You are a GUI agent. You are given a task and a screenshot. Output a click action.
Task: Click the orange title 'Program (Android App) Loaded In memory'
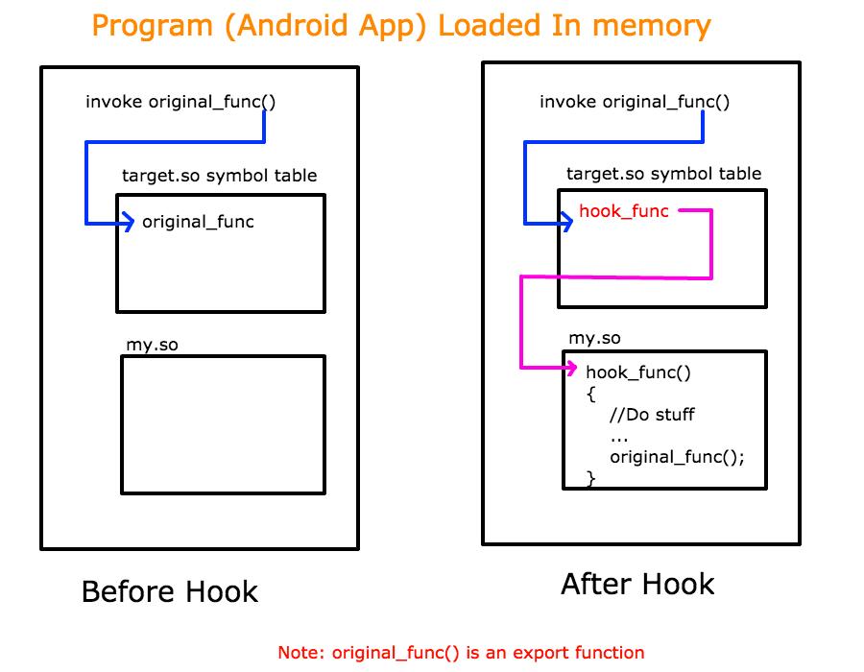tap(401, 25)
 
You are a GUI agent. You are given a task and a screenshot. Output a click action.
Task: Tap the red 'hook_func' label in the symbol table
tap(623, 211)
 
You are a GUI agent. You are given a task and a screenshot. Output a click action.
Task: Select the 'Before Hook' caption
tap(170, 591)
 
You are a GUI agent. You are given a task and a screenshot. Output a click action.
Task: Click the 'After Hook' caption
tap(637, 584)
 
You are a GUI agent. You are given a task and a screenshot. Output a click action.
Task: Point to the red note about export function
tap(461, 653)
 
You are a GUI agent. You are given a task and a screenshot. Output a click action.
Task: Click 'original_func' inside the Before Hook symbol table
tap(198, 222)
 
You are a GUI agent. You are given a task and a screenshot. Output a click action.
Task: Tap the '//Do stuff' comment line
tap(652, 415)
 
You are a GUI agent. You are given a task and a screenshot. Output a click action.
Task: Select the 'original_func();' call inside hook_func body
tap(677, 457)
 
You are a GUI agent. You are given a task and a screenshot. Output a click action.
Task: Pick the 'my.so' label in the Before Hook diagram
tap(152, 345)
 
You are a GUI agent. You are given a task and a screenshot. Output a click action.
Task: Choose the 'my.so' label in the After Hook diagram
tap(594, 338)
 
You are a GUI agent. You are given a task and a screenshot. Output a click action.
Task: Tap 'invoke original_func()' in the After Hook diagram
tap(635, 103)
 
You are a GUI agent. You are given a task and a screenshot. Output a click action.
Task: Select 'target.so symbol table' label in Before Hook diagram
tap(219, 176)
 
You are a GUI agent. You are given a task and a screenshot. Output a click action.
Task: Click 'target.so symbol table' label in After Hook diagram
tap(663, 174)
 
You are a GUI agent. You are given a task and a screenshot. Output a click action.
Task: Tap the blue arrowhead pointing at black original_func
tap(129, 224)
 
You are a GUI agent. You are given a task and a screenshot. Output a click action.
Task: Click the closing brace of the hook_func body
tap(590, 477)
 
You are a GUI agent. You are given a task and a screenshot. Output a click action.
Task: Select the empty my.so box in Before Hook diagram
tap(223, 423)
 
